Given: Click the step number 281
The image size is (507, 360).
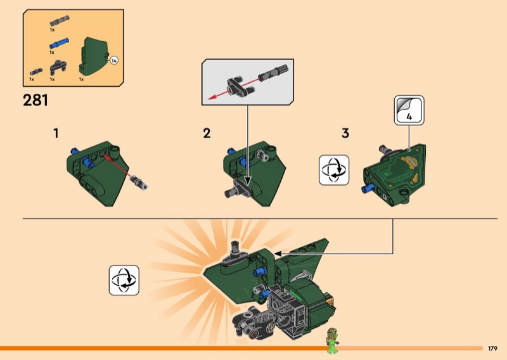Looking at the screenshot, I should pos(35,100).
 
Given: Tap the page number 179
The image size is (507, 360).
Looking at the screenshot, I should pos(492,349).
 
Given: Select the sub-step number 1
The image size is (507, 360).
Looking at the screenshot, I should pos(56,134).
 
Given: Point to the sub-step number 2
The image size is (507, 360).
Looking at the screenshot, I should pos(207,134).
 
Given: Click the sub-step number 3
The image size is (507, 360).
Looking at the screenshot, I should pos(345,134).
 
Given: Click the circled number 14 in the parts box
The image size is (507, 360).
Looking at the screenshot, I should pos(114,60).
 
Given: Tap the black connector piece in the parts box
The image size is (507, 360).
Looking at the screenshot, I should pos(58,66).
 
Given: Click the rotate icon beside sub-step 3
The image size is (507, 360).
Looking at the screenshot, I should pos(335,170).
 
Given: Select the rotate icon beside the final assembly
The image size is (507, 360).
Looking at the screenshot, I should pos(124,280).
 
